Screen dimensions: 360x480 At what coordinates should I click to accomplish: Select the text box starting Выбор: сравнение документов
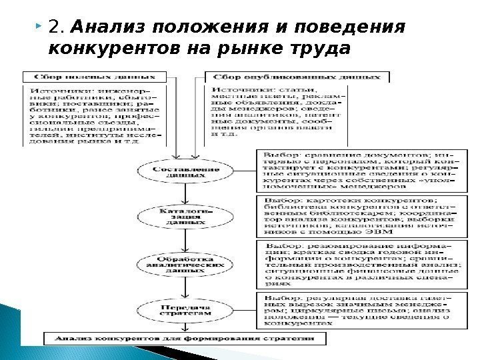tap(358, 170)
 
